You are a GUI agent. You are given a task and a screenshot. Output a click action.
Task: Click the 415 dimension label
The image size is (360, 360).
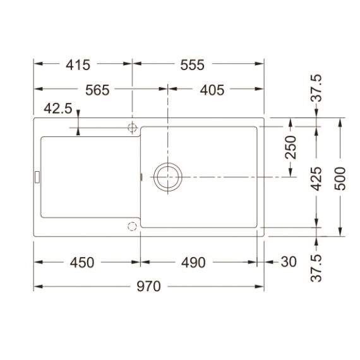[x=79, y=64]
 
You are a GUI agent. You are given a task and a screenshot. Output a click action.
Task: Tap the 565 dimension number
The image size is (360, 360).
[x=97, y=90]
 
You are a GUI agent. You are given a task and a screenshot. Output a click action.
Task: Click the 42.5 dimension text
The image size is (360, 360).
[x=57, y=109]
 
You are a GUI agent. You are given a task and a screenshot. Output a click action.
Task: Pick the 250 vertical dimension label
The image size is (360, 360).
[x=290, y=148]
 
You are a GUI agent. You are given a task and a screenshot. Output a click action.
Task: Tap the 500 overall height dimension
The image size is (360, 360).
[x=341, y=179]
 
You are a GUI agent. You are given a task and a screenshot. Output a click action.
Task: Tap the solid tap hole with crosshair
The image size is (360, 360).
[x=132, y=127]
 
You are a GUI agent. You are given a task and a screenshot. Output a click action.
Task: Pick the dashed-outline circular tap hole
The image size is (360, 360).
[x=132, y=225]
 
